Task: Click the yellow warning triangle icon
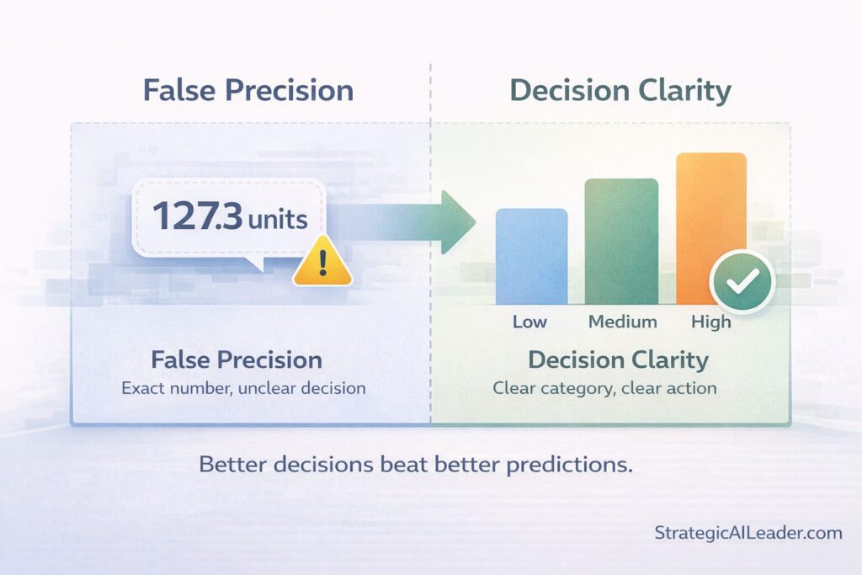(322, 262)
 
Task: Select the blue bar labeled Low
(531, 256)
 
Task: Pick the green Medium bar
(621, 242)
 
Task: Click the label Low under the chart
(529, 322)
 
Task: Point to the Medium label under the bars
(622, 322)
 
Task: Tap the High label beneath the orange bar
(711, 322)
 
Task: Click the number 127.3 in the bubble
(196, 217)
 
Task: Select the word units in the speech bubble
(277, 219)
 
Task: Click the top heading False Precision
(248, 90)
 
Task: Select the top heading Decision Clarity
(620, 90)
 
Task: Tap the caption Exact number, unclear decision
(243, 389)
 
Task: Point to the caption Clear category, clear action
(604, 389)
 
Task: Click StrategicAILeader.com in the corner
(748, 532)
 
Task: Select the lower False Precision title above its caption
(237, 360)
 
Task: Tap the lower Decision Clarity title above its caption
(618, 360)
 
